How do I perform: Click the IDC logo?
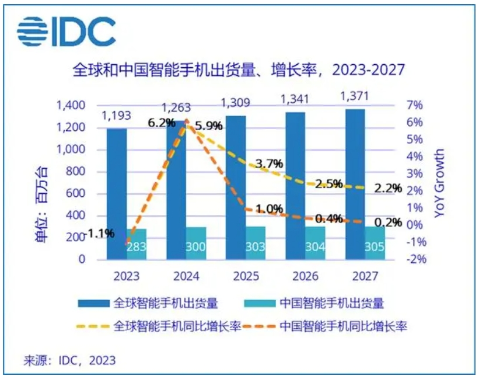click(x=65, y=30)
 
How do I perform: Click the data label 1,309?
click(x=236, y=103)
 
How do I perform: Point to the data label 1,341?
click(x=295, y=99)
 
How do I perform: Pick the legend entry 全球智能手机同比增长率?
click(x=179, y=326)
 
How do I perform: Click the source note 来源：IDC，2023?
click(x=69, y=360)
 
